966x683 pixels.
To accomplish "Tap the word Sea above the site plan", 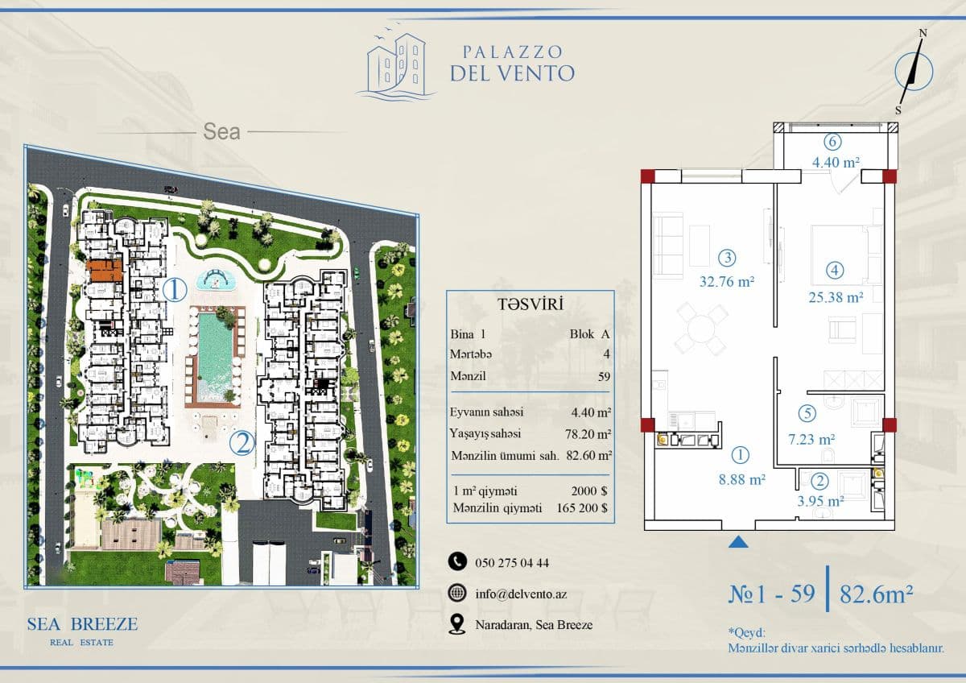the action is (x=221, y=131).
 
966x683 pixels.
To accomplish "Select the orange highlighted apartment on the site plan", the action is (x=105, y=271).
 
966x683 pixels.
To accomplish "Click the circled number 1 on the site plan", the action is (x=175, y=290).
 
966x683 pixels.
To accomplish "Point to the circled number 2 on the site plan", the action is (x=242, y=443).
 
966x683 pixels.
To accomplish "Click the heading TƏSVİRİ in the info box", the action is (x=530, y=304).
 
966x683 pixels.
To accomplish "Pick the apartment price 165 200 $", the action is (x=582, y=508).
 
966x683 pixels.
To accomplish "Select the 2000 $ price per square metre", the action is (x=589, y=491).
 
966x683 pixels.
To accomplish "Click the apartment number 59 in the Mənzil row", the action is (x=604, y=377).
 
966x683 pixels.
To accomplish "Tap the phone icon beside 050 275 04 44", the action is (x=457, y=562).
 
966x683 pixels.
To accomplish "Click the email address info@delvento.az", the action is (x=521, y=594).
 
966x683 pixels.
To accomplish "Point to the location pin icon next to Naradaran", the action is (x=456, y=624).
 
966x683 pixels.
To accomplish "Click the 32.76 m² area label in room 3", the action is (x=727, y=282).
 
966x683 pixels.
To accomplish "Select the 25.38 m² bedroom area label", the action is (x=836, y=297).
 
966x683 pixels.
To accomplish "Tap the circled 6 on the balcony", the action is (x=832, y=142).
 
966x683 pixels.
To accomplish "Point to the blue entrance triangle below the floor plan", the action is (x=738, y=542).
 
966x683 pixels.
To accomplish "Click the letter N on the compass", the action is (x=923, y=33).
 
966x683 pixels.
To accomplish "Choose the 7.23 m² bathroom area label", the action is (x=811, y=439).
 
